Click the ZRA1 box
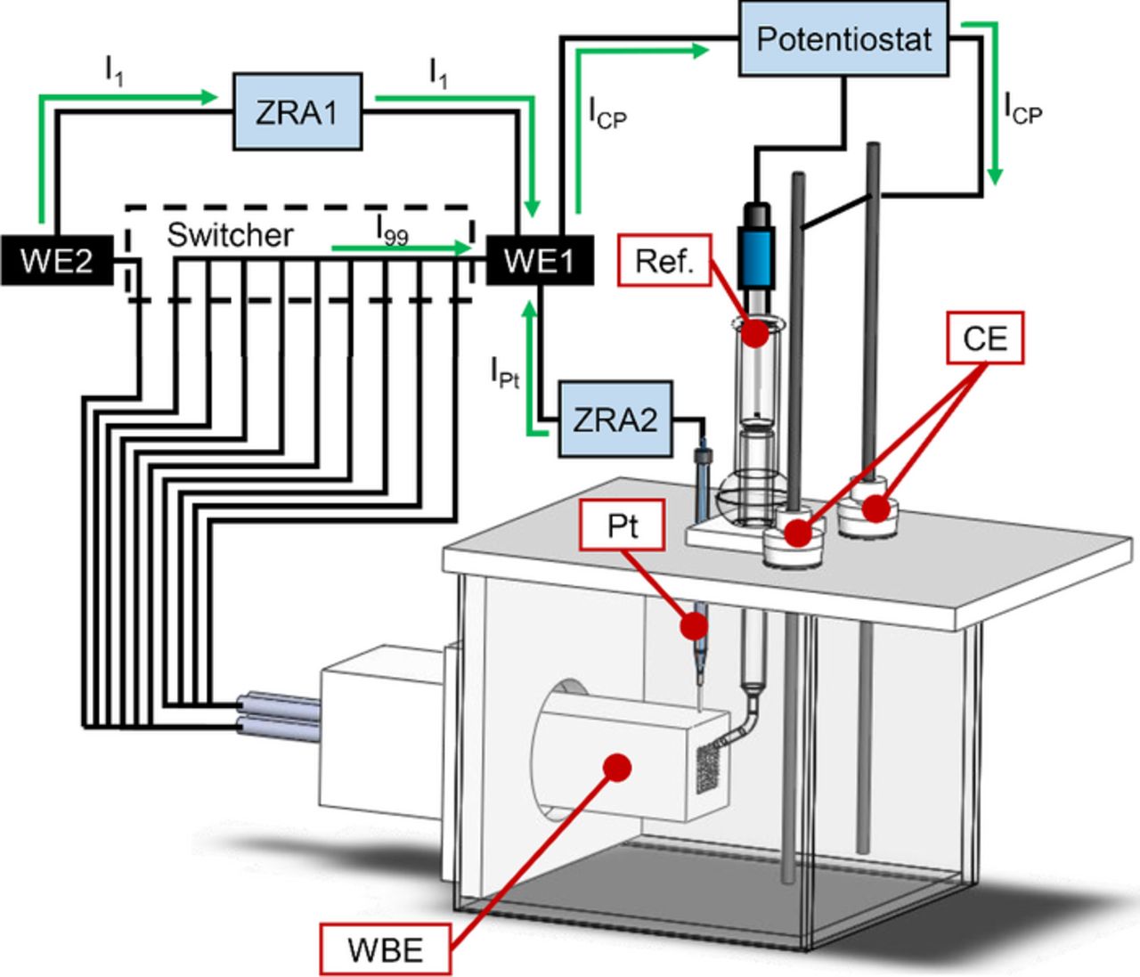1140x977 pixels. pos(297,112)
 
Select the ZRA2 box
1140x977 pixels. pos(615,419)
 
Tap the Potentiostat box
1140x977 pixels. pos(843,39)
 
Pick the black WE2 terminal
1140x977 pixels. pos(56,260)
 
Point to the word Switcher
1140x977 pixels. pos(230,234)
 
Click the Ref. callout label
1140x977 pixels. pos(664,261)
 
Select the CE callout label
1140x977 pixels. pos(985,338)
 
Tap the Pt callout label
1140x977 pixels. pos(623,525)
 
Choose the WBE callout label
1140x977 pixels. pos(386,949)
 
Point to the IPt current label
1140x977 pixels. pos(504,372)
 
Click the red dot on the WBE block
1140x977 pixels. pos(616,767)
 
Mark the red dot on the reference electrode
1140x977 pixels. pos(755,333)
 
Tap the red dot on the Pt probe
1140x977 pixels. pos(695,625)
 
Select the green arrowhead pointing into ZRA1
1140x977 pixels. pos(210,97)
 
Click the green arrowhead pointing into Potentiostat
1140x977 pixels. pos(700,51)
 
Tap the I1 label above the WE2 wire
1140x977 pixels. pos(114,70)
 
